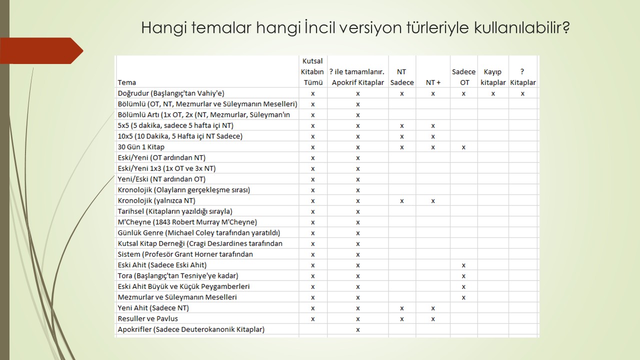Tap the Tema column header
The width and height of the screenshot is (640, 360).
tap(127, 82)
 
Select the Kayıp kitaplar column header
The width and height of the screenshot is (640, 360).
tap(493, 77)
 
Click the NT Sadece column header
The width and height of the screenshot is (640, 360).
tap(402, 77)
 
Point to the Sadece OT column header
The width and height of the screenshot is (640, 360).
tap(464, 77)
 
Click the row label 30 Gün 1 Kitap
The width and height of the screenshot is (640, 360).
tap(141, 147)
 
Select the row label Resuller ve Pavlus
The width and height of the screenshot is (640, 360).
tap(148, 318)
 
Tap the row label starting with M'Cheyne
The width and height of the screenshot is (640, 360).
tap(187, 222)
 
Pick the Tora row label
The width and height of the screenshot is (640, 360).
tap(178, 275)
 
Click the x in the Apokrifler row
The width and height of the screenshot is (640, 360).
tap(358, 329)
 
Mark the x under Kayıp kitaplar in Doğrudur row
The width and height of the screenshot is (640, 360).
tap(493, 93)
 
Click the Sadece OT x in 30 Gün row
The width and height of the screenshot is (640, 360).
tap(464, 147)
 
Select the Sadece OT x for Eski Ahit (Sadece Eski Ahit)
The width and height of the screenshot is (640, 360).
tap(464, 265)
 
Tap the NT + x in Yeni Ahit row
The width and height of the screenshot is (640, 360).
tap(433, 308)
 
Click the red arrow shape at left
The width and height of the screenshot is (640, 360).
tap(45, 50)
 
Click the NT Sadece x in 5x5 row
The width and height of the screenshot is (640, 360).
tap(402, 126)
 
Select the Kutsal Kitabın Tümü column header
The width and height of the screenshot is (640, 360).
tap(313, 71)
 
